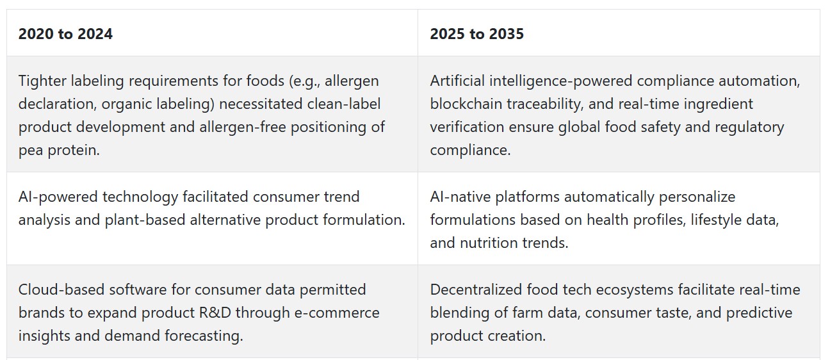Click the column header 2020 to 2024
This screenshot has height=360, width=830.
coord(65,34)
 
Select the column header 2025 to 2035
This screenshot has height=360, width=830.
coord(476,34)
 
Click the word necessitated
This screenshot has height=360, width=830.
coord(261,104)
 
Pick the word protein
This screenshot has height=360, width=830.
coord(74,151)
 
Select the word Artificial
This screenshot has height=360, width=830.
coord(457,81)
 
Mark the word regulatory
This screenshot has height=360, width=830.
coord(749,127)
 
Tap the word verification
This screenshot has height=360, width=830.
coord(467,127)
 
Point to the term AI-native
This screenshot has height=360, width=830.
coord(460,197)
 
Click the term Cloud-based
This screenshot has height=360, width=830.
coord(61,290)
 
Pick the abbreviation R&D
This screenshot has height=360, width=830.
coord(215,313)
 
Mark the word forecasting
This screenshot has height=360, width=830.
coord(204,336)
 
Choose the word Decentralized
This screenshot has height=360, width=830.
coord(476,290)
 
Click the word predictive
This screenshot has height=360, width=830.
coord(759,313)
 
